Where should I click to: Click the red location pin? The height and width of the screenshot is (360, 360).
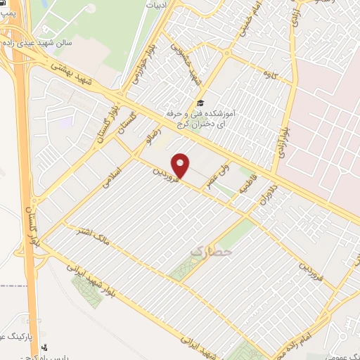coord(181,165)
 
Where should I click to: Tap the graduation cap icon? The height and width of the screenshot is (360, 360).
coord(200,103)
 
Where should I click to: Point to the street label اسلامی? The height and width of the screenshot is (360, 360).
coord(111,171)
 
